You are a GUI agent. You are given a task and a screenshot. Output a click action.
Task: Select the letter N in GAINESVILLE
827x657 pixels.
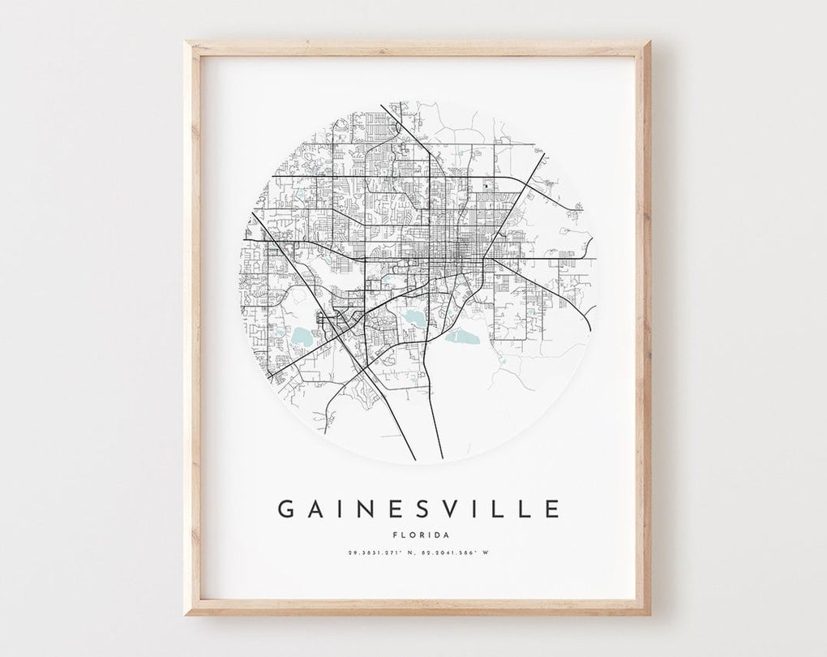click(363, 509)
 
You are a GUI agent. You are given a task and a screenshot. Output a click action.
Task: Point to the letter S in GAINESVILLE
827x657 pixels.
click(419, 509)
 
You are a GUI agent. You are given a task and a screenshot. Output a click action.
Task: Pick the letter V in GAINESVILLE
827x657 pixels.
click(447, 509)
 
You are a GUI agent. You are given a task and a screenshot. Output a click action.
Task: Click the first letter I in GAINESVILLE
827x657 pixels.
click(339, 509)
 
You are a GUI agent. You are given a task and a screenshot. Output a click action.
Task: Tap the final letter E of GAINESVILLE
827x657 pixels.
click(551, 509)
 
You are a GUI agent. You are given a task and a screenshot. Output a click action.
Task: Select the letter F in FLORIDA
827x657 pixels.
click(393, 534)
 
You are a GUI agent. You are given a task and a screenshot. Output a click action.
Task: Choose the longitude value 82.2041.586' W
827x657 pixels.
click(456, 553)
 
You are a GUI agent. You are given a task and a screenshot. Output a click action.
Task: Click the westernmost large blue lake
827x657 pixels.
click(302, 337)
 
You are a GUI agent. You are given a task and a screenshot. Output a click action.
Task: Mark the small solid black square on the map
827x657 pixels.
click(486, 187)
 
